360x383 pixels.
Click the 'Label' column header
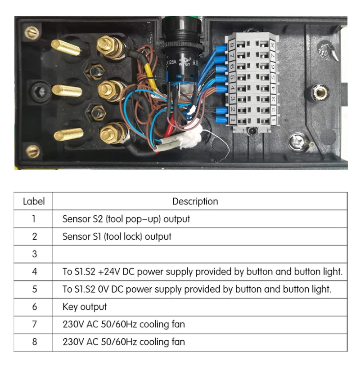(34, 201)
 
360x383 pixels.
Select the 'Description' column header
(195, 201)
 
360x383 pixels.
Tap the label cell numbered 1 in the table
(34, 219)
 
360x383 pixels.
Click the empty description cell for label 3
(200, 254)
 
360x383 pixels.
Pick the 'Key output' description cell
(85, 307)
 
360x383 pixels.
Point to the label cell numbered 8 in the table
(34, 342)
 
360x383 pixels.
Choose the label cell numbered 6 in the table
(34, 307)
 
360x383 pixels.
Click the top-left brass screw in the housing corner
(31, 32)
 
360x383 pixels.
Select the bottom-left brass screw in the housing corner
(32, 151)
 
